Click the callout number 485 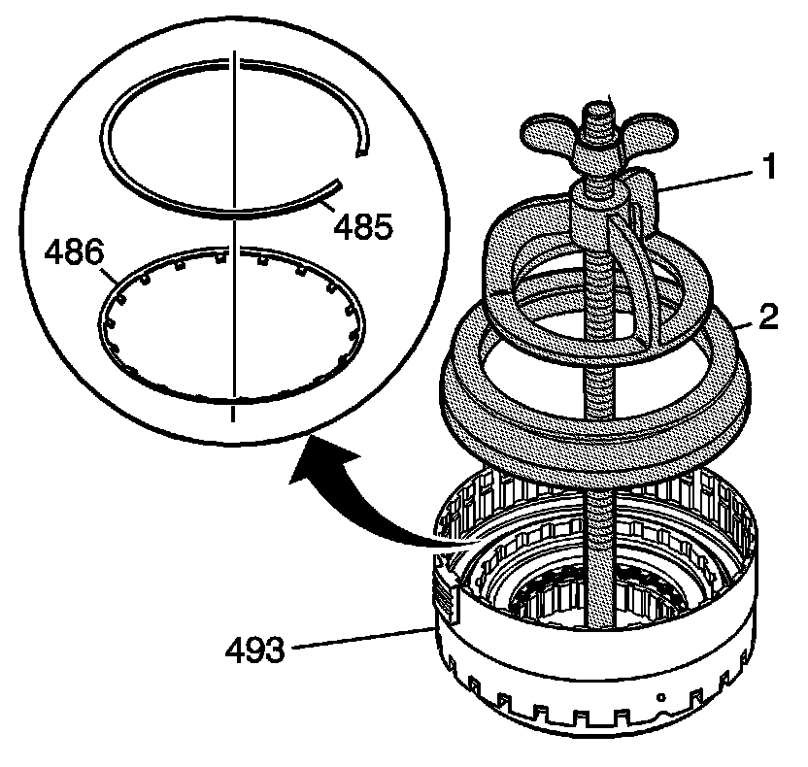(x=363, y=227)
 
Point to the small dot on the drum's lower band (x=659, y=697)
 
